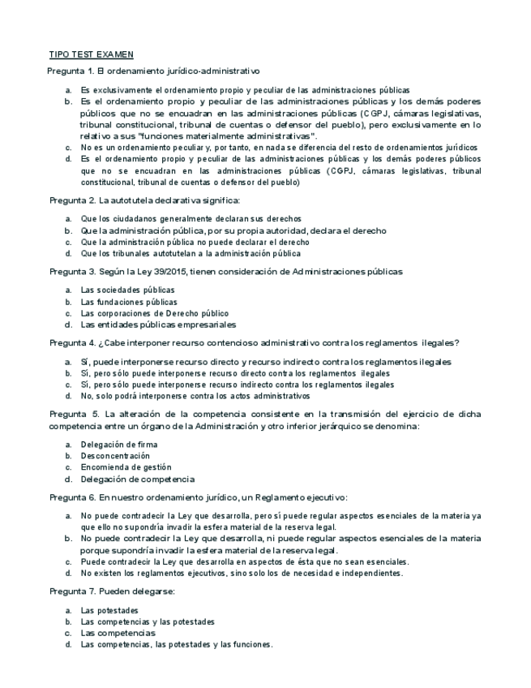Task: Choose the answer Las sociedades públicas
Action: [127, 290]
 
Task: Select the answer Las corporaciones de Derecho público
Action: [154, 313]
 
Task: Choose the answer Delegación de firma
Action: [118, 445]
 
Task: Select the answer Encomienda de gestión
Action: [126, 467]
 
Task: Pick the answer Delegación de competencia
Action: [137, 479]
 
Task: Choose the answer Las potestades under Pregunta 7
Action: [109, 610]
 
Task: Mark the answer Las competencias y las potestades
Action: [148, 621]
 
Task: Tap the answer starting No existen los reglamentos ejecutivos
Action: [242, 574]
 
